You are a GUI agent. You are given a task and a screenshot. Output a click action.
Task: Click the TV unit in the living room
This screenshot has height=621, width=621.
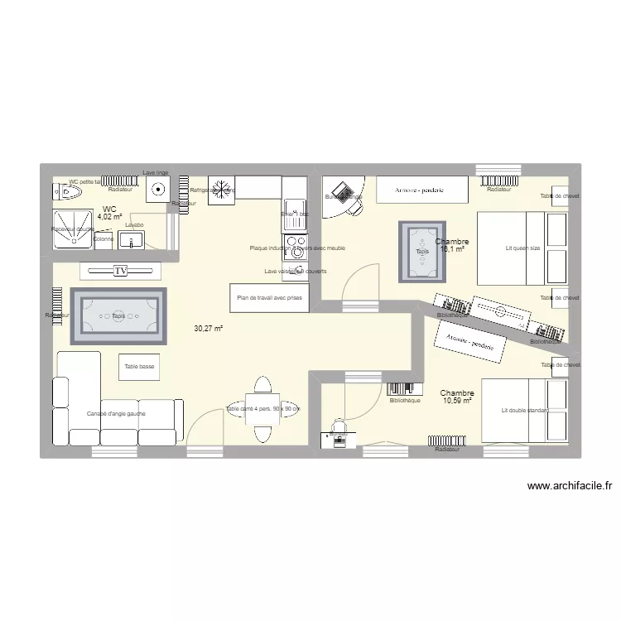[120, 271]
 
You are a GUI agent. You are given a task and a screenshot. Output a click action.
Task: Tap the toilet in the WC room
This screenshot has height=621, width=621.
[70, 193]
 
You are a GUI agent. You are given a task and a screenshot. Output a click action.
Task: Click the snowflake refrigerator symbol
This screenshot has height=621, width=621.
[221, 187]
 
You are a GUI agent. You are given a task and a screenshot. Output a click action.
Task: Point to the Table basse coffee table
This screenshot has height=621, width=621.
[139, 366]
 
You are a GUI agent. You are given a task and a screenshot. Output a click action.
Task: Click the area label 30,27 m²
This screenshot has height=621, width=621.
[209, 329]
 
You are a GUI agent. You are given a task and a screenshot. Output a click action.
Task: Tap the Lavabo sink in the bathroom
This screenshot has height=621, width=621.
[132, 239]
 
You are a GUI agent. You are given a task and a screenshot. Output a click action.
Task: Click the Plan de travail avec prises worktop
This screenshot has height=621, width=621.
[269, 298]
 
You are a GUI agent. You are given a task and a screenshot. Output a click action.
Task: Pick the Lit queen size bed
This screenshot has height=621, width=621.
[522, 248]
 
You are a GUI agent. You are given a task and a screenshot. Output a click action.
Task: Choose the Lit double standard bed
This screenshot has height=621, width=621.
[525, 411]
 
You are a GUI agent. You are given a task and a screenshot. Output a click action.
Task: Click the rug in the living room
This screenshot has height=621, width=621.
[118, 315]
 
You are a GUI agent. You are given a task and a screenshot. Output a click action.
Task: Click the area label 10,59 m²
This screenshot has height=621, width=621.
[456, 401]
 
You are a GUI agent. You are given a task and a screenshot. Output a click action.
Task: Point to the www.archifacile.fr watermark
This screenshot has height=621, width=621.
[568, 487]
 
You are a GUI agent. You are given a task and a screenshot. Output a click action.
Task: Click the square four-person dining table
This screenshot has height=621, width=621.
[262, 409]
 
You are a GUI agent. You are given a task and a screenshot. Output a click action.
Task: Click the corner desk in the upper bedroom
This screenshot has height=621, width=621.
[341, 196]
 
